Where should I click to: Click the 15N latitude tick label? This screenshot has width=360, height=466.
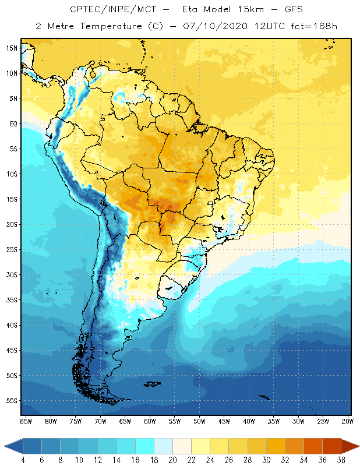click(11, 48)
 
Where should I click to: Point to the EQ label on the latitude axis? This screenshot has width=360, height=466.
click(12, 123)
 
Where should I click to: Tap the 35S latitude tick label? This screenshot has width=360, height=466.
click(11, 300)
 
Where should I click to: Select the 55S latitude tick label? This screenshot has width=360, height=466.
click(11, 401)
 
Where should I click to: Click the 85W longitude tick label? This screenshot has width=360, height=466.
click(26, 421)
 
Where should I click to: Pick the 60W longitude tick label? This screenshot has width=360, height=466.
click(150, 421)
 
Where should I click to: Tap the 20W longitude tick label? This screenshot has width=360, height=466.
click(347, 421)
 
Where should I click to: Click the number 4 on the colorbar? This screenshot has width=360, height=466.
click(23, 460)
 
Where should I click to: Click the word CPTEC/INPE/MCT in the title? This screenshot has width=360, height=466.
click(108, 10)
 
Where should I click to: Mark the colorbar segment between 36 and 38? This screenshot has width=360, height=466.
click(331, 446)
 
